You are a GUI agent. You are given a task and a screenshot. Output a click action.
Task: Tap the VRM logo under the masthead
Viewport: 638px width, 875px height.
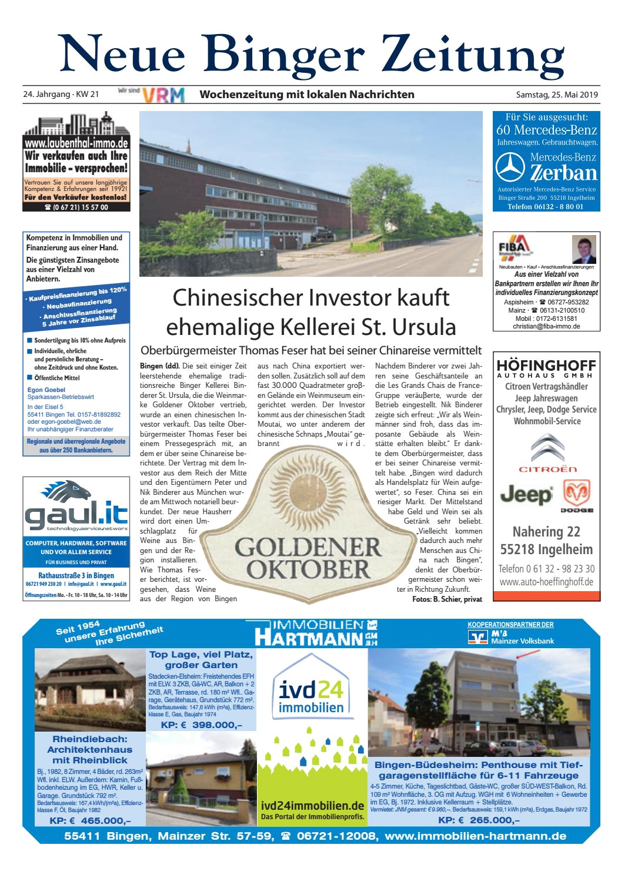pos(166,95)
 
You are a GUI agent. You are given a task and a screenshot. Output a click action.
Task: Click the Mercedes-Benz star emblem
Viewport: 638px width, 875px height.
pos(509,167)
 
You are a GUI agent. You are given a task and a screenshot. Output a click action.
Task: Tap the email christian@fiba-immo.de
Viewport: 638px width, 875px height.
pos(546,326)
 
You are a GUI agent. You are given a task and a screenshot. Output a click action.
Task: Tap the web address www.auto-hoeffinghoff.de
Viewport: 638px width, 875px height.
pos(546,582)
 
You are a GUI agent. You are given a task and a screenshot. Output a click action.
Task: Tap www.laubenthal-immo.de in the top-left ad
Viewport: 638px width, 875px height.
pos(76,143)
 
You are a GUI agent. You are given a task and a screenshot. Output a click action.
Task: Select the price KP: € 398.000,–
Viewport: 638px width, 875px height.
pos(201,725)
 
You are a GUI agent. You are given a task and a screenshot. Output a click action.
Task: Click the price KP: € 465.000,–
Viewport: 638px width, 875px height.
pos(90,820)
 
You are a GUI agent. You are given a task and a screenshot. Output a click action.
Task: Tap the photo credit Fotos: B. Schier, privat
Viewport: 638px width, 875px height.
pos(447,599)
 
